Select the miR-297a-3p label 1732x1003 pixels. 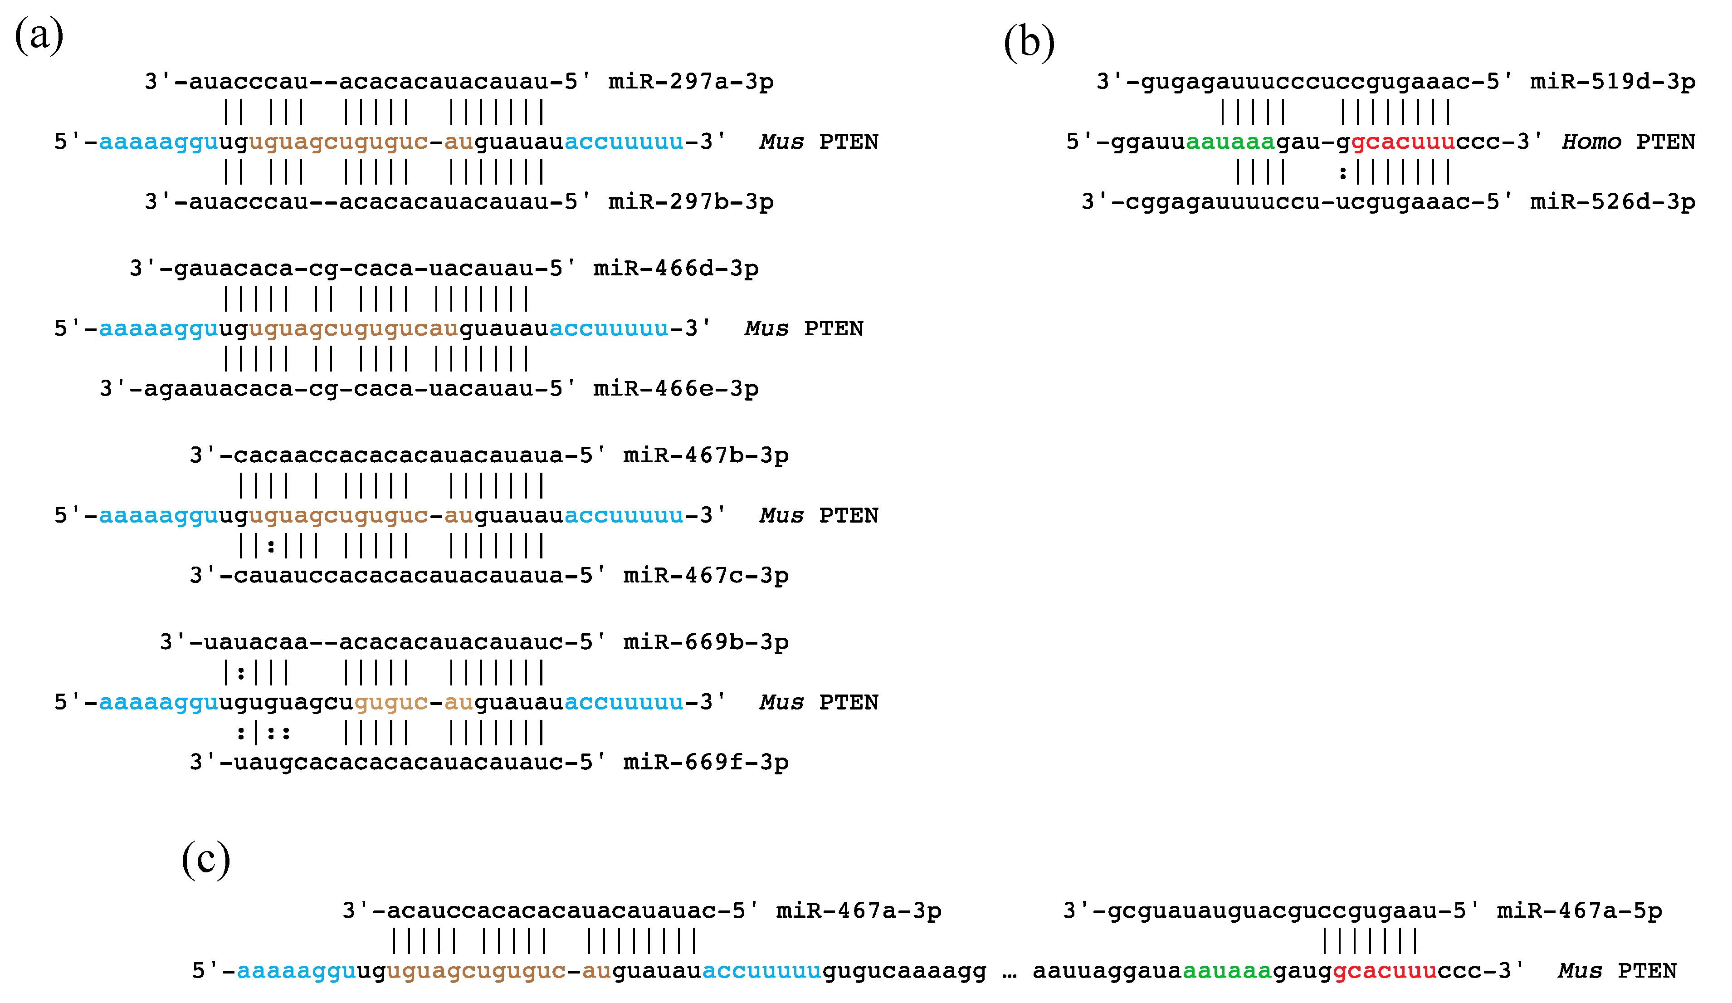click(691, 82)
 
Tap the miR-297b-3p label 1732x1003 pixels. click(691, 202)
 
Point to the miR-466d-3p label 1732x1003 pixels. click(676, 269)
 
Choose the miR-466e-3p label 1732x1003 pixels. click(676, 389)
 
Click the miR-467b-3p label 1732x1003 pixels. click(706, 456)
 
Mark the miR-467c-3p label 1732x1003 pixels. click(706, 575)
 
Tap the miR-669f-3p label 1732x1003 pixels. click(706, 763)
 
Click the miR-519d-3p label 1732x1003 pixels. click(1612, 82)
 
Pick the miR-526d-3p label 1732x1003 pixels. click(1612, 202)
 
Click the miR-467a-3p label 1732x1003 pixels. click(859, 911)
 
